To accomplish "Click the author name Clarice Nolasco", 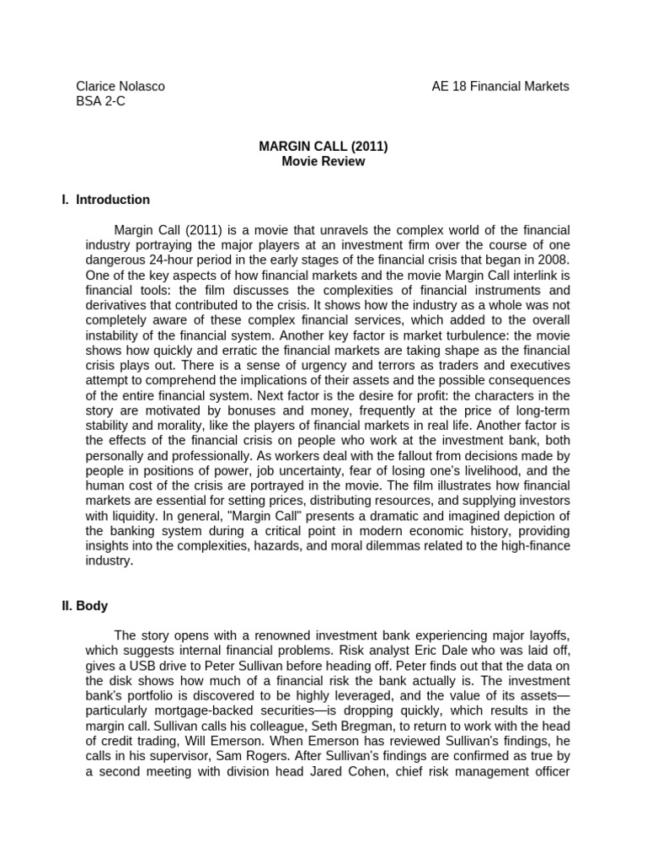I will coord(120,86).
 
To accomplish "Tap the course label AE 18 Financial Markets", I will coord(500,86).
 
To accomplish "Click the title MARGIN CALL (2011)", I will coord(323,146).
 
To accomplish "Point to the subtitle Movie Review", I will coord(323,161).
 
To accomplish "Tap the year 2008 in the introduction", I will coord(553,259).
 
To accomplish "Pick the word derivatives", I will coord(115,304).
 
